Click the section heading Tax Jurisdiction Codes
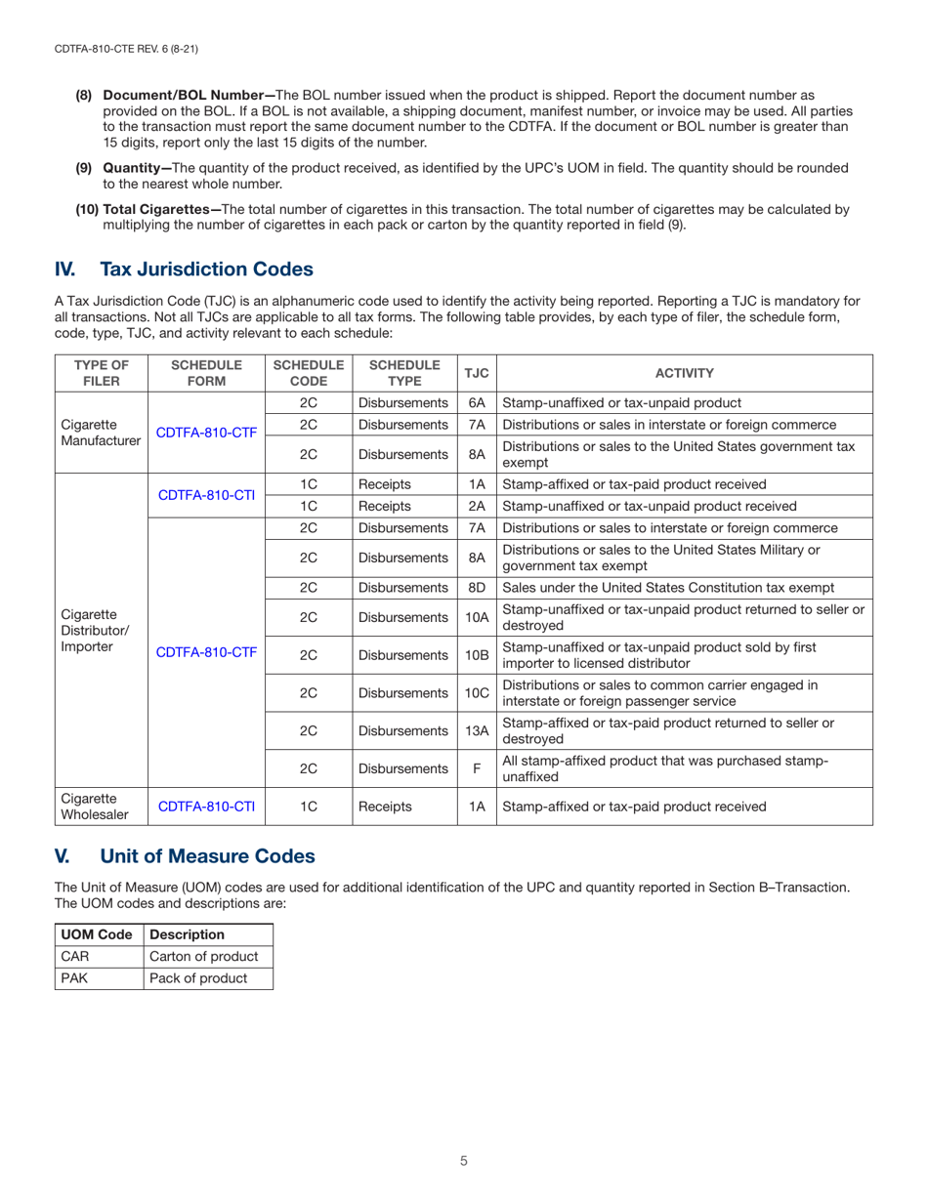pyautogui.click(x=206, y=269)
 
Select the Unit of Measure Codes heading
pyautogui.click(x=207, y=856)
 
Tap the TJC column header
pyautogui.click(x=477, y=373)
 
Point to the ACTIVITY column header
pyautogui.click(x=684, y=373)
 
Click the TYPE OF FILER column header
pyautogui.click(x=101, y=373)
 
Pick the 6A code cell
pyautogui.click(x=477, y=402)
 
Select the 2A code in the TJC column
pyautogui.click(x=477, y=506)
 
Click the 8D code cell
pyautogui.click(x=477, y=587)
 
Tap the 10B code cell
pyautogui.click(x=477, y=655)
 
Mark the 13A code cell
pyautogui.click(x=477, y=730)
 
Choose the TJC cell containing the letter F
pyautogui.click(x=477, y=768)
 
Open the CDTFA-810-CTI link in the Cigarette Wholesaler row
pyautogui.click(x=206, y=807)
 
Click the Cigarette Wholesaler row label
pyautogui.click(x=88, y=807)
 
